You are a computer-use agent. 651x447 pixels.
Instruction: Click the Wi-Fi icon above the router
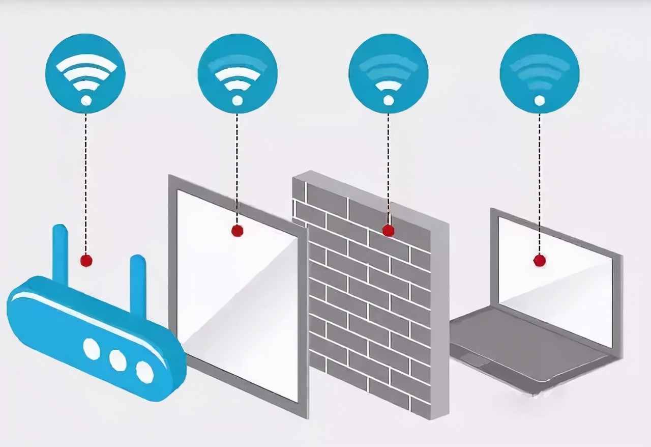point(85,74)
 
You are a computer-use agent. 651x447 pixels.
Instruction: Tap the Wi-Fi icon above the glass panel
point(238,74)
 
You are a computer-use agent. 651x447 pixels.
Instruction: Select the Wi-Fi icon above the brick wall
point(389,74)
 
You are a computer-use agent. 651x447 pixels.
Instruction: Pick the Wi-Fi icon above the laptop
point(540,74)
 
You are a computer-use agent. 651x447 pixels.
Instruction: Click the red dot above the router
point(86,261)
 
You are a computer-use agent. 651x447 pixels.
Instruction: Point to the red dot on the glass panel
point(236,231)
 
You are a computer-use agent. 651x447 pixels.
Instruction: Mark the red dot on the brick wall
point(388,230)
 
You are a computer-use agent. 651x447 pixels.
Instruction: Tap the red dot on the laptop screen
point(539,261)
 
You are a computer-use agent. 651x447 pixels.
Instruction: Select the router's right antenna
point(138,283)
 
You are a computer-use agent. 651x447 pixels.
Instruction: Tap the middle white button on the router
point(117,360)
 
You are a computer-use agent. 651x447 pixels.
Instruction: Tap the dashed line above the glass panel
point(236,163)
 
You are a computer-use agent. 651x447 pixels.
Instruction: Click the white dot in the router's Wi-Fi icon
point(86,100)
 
